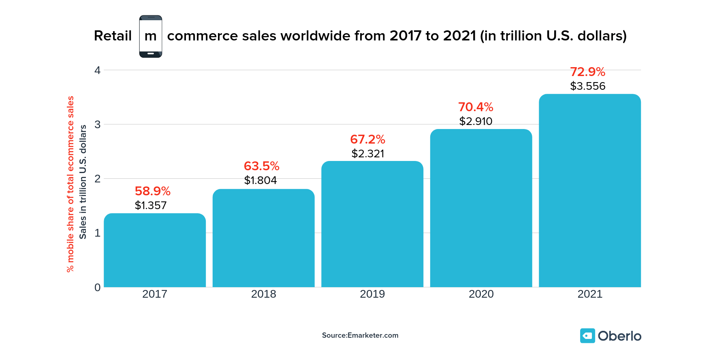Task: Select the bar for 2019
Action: tap(372, 224)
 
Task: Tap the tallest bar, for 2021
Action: tap(590, 190)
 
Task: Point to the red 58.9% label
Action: tap(152, 191)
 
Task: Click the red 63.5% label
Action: tap(261, 166)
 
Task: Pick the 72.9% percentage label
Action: tap(587, 72)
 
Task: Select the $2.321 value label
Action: tap(368, 154)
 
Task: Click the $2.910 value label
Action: tap(476, 121)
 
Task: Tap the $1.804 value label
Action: tap(260, 180)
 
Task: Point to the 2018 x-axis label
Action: tap(263, 294)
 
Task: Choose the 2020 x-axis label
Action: tap(481, 294)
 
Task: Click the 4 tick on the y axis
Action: tap(97, 70)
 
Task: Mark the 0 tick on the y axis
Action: tap(97, 288)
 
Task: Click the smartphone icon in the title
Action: tap(151, 36)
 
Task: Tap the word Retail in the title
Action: tap(113, 36)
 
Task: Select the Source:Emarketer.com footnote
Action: tap(360, 335)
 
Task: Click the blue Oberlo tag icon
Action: tap(587, 336)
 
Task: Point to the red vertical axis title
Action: tap(70, 184)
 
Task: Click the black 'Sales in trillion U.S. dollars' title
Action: tap(83, 182)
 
